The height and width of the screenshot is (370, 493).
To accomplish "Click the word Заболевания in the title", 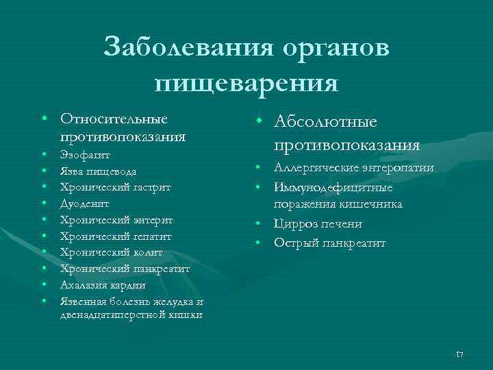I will (x=180, y=49).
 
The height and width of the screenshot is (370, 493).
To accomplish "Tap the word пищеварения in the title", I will (x=246, y=83).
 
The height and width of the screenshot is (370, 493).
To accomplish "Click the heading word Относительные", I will (x=114, y=119).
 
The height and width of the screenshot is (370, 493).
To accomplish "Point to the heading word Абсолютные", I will (x=325, y=121).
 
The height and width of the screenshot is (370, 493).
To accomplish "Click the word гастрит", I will (x=149, y=188).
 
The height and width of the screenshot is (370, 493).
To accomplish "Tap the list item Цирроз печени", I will (x=318, y=224).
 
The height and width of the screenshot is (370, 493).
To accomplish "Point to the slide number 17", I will (x=459, y=354).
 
